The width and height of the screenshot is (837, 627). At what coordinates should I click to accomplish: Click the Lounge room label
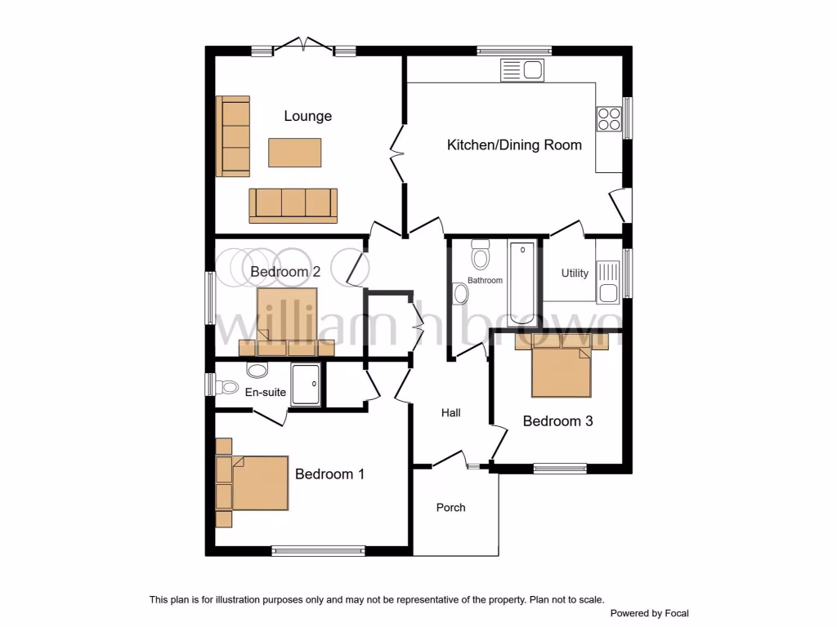307,116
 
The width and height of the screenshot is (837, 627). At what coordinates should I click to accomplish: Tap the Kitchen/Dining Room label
514,145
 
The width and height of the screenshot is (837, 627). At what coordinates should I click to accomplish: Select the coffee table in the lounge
294,151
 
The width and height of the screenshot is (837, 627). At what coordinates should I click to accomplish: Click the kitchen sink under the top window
522,70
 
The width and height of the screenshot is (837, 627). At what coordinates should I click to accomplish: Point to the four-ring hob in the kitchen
609,119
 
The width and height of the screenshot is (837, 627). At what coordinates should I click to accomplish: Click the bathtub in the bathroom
521,282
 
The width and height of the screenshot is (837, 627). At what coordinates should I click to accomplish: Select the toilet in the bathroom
480,256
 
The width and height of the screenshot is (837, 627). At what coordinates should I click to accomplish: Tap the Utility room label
575,273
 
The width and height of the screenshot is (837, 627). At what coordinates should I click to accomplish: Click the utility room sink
607,281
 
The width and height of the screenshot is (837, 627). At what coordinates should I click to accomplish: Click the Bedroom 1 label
329,474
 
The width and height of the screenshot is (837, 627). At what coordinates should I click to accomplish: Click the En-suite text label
266,393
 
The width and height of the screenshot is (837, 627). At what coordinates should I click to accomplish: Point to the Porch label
450,508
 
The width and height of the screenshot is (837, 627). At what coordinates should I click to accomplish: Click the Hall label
450,413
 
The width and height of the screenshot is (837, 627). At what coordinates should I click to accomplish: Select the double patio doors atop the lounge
303,46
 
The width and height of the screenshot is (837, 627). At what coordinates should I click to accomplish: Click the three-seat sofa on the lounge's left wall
233,136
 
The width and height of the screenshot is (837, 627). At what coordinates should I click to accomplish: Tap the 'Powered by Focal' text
649,613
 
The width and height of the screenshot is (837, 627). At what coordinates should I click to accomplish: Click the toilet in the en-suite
257,371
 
